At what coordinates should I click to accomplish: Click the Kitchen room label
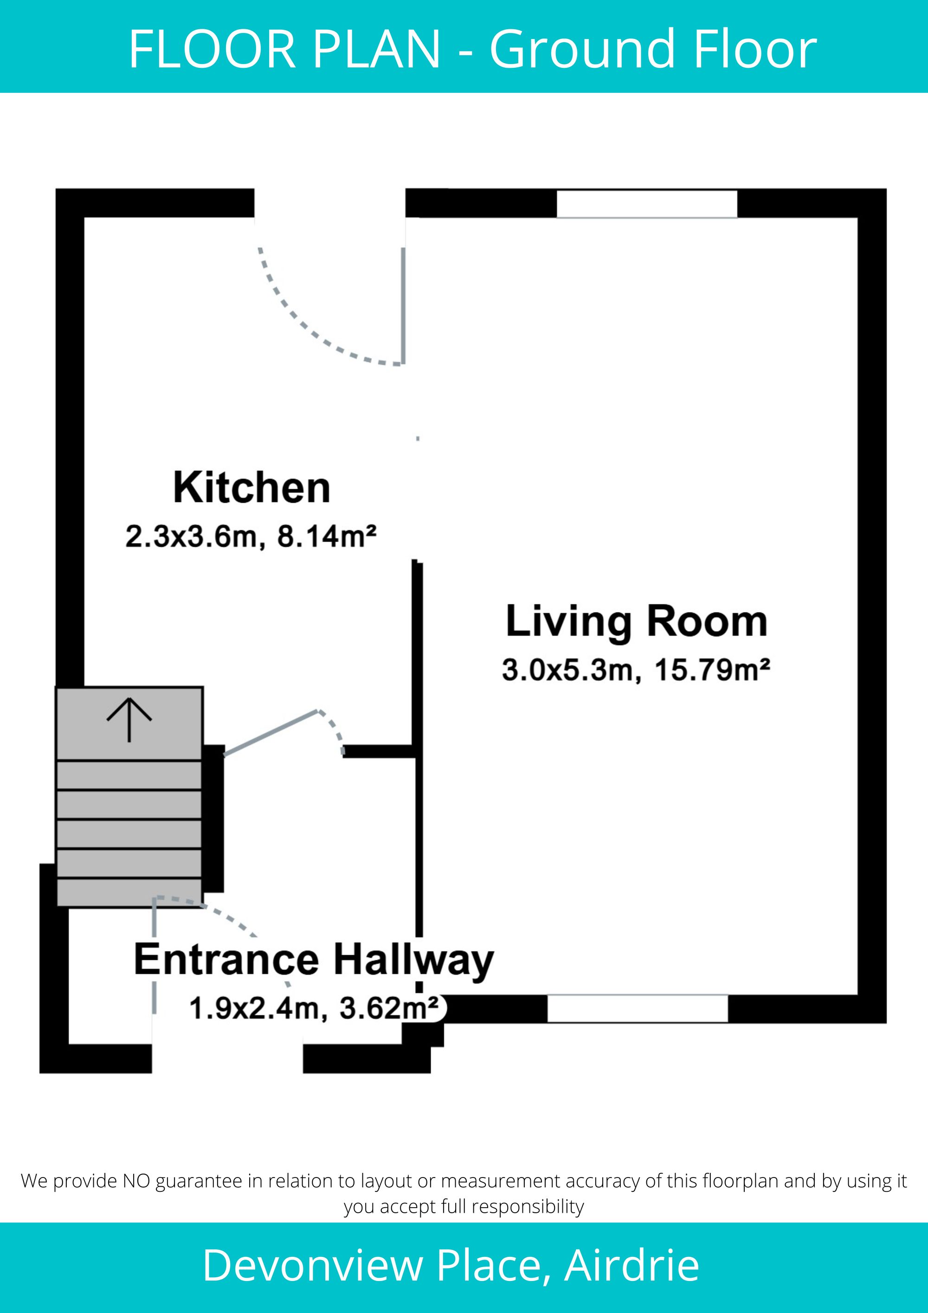pyautogui.click(x=251, y=488)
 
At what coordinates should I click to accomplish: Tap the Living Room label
pyautogui.click(x=637, y=622)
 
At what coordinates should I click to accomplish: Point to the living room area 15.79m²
pyautogui.click(x=712, y=670)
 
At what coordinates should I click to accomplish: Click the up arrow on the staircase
pyautogui.click(x=129, y=719)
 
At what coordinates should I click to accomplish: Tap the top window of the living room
pyautogui.click(x=647, y=204)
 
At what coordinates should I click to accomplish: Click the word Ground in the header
pyautogui.click(x=586, y=49)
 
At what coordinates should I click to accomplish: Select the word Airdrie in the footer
pyautogui.click(x=632, y=1266)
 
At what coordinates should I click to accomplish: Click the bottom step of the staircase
pyautogui.click(x=129, y=892)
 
